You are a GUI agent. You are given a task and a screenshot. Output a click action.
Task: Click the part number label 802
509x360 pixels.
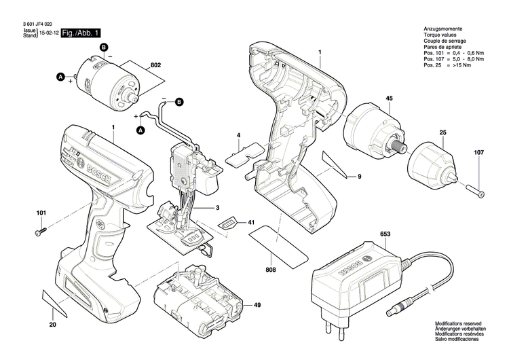click(x=155, y=65)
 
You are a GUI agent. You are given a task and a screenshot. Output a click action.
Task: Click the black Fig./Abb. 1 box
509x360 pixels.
click(x=81, y=33)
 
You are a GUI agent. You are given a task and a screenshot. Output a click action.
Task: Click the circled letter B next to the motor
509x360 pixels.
click(x=104, y=46)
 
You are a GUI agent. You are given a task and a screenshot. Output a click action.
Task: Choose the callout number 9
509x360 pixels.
click(x=360, y=177)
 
